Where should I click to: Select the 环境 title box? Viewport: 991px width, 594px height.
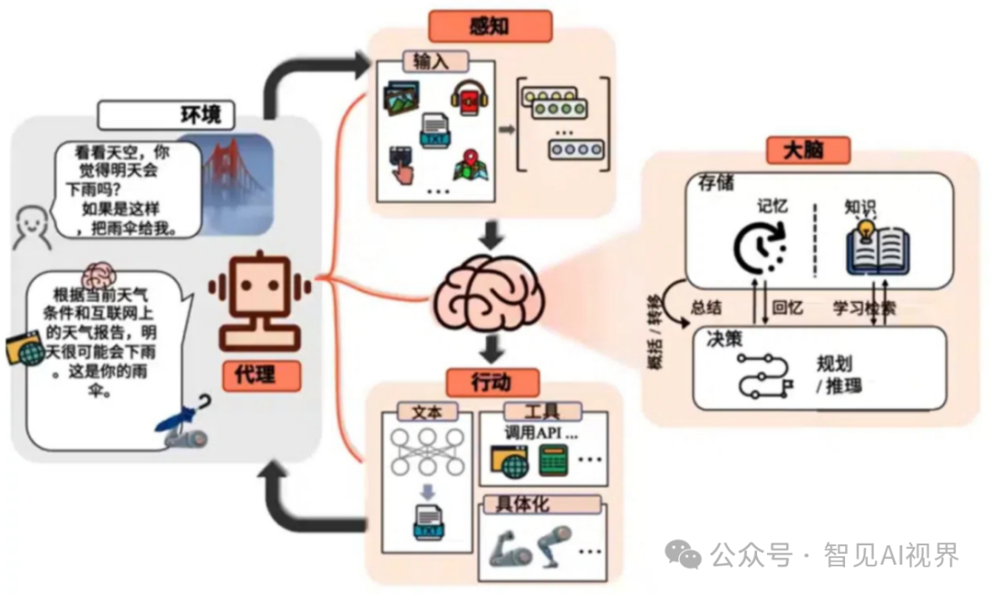165,115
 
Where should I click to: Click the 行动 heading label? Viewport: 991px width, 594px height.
491,381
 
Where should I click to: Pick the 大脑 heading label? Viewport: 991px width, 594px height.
807,150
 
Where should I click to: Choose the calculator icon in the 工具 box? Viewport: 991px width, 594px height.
552,459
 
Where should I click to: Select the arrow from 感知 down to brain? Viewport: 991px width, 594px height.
493,236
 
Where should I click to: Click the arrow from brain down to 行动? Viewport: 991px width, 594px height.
493,347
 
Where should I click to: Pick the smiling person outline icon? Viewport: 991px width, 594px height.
32,226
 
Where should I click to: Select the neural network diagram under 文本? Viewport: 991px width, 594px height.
426,453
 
